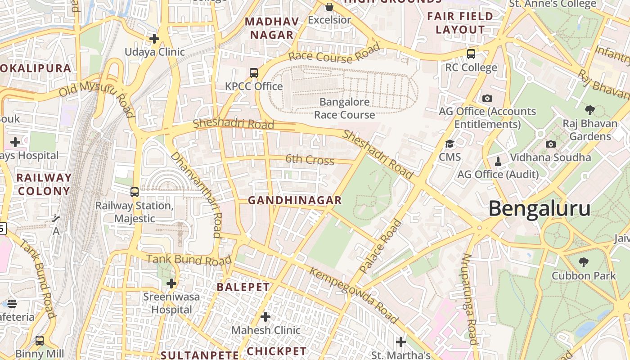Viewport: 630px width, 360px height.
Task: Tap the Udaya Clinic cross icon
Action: point(154,39)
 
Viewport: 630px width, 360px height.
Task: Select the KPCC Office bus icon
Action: point(254,73)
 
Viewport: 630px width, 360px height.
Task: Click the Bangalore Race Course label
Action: point(344,108)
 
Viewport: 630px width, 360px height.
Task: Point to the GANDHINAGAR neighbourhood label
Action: point(295,200)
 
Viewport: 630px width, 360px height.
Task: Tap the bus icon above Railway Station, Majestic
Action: point(135,192)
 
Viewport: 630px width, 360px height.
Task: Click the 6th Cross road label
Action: point(310,160)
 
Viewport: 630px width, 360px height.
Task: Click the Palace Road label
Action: point(381,246)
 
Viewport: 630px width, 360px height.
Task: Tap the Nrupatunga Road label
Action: point(469,299)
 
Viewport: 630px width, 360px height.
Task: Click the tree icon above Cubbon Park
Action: point(584,262)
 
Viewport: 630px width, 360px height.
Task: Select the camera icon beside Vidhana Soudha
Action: point(550,144)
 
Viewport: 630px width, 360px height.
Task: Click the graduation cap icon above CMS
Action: point(450,144)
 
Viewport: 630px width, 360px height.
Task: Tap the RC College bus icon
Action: point(471,54)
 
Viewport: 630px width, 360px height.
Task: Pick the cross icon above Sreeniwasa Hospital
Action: point(171,283)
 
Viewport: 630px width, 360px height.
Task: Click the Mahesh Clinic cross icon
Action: point(265,317)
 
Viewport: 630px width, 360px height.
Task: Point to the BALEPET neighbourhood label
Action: point(243,287)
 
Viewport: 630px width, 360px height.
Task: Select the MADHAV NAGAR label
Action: point(272,28)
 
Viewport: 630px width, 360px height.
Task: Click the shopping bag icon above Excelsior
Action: point(329,6)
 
